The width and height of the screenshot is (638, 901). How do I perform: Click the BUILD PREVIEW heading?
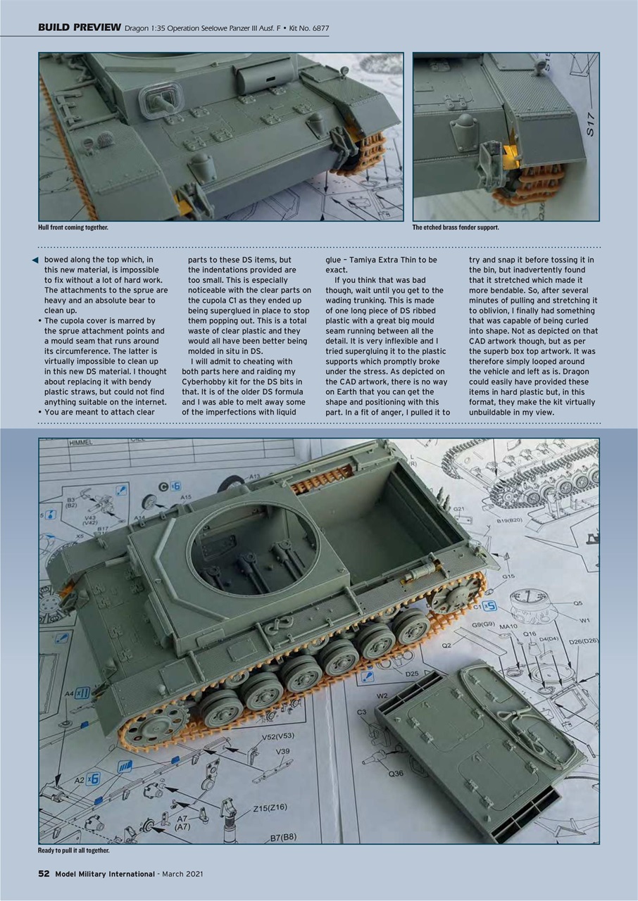(79, 27)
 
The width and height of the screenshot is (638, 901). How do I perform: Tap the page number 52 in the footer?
(44, 874)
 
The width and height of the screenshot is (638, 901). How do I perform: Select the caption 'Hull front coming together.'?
(73, 227)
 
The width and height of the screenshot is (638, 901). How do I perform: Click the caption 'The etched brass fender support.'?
(456, 227)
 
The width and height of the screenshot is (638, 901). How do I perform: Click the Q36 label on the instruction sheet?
(396, 774)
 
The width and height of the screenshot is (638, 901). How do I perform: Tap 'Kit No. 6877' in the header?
(304, 28)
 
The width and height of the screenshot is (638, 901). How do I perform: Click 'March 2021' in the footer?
(182, 874)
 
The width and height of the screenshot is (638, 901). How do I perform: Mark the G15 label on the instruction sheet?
(508, 576)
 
